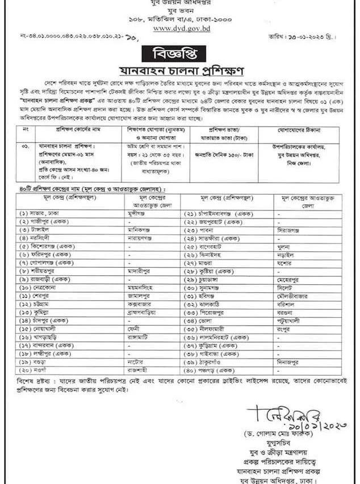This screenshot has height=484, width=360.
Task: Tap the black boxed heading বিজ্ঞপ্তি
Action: (x=179, y=55)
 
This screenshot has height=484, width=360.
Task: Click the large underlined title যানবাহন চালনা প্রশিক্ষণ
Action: (x=180, y=71)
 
